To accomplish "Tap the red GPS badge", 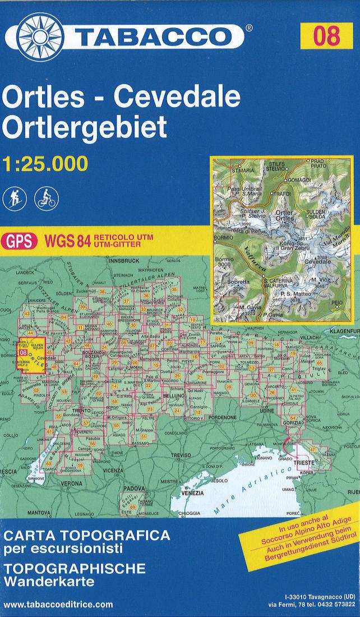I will (x=20, y=242).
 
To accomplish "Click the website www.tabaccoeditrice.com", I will (x=58, y=605).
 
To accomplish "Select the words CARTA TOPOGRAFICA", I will (x=79, y=533).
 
